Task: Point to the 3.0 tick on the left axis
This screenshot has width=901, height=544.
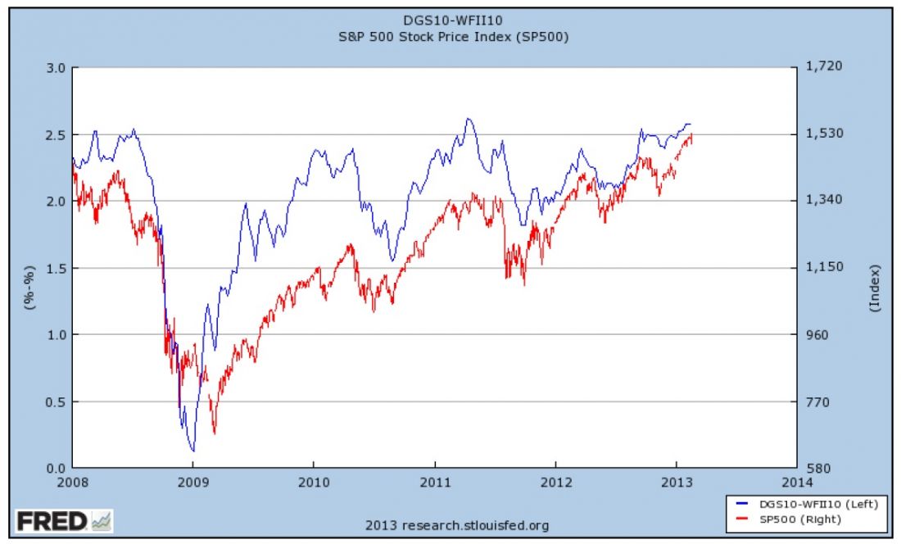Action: (x=53, y=67)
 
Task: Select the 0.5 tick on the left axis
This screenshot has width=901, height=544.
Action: (x=53, y=401)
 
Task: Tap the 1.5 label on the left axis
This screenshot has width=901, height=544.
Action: (x=53, y=268)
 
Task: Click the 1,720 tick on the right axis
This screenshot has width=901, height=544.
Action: (x=824, y=67)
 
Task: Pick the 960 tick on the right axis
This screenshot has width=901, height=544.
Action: (x=819, y=334)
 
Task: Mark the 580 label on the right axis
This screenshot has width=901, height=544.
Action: (x=819, y=469)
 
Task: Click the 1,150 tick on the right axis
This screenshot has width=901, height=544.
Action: (x=824, y=268)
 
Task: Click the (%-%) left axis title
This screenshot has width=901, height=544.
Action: (x=29, y=287)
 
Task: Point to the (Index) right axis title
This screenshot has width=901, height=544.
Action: (x=875, y=287)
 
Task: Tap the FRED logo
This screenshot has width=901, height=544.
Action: (x=62, y=520)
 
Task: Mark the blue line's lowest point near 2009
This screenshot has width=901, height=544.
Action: (x=193, y=451)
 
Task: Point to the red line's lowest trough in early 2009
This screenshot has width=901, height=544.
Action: (x=215, y=433)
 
